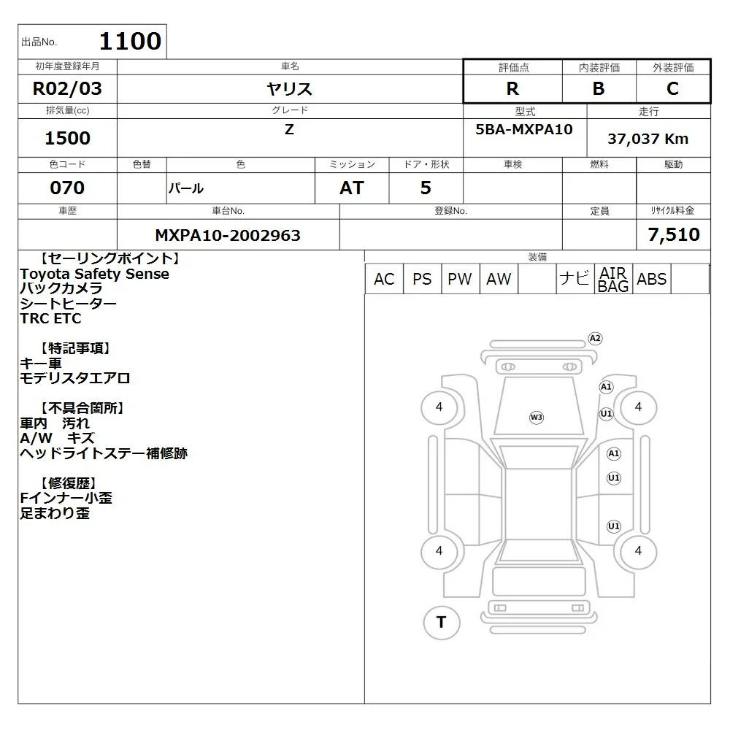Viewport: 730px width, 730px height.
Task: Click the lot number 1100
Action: (131, 41)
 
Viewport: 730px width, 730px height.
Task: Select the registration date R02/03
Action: (67, 88)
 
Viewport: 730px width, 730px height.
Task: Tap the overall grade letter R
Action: (512, 88)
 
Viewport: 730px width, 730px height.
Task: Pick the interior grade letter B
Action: (599, 88)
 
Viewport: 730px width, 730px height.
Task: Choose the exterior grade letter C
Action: (673, 88)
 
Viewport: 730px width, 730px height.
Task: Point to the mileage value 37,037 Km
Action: (648, 139)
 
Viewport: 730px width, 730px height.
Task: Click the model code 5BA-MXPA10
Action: (524, 129)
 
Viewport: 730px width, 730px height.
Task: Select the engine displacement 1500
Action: (67, 138)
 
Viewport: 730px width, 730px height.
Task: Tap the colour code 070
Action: (67, 188)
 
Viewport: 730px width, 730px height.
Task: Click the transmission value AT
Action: (352, 188)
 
